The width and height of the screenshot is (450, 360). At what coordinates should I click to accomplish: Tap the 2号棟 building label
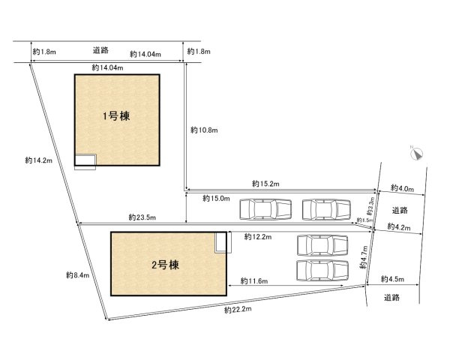pyautogui.click(x=163, y=265)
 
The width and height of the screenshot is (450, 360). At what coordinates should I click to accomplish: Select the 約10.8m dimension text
pyautogui.click(x=203, y=130)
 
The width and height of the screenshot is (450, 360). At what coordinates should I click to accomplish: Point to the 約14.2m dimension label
pyautogui.click(x=37, y=160)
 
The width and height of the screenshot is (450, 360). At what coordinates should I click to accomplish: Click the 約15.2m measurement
pyautogui.click(x=265, y=183)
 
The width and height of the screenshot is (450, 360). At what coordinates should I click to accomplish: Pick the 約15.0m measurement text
pyautogui.click(x=216, y=199)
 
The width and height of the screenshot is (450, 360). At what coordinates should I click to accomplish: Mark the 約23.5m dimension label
pyautogui.click(x=142, y=217)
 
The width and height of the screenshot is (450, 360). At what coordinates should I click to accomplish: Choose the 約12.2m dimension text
pyautogui.click(x=257, y=236)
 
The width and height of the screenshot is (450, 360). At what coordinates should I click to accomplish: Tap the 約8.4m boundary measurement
pyautogui.click(x=77, y=275)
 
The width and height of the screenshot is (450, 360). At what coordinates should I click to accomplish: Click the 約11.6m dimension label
pyautogui.click(x=256, y=280)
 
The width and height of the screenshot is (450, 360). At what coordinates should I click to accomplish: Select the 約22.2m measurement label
pyautogui.click(x=237, y=308)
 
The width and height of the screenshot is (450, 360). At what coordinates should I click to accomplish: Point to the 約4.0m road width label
pyautogui.click(x=401, y=188)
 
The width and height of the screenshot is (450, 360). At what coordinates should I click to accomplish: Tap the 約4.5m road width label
pyautogui.click(x=394, y=280)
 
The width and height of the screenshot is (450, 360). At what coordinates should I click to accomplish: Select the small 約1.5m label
pyautogui.click(x=364, y=220)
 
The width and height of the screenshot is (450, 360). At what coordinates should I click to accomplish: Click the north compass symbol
pyautogui.click(x=417, y=153)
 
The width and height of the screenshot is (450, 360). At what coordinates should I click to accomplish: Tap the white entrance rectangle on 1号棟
pyautogui.click(x=85, y=160)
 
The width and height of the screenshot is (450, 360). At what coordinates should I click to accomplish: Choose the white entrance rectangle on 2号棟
pyautogui.click(x=221, y=242)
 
